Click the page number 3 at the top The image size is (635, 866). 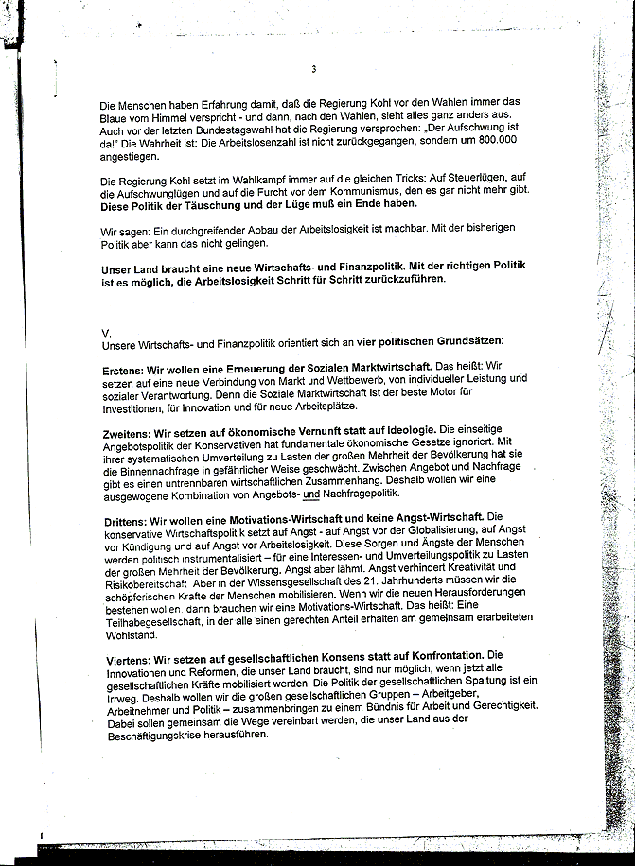tap(312, 69)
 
